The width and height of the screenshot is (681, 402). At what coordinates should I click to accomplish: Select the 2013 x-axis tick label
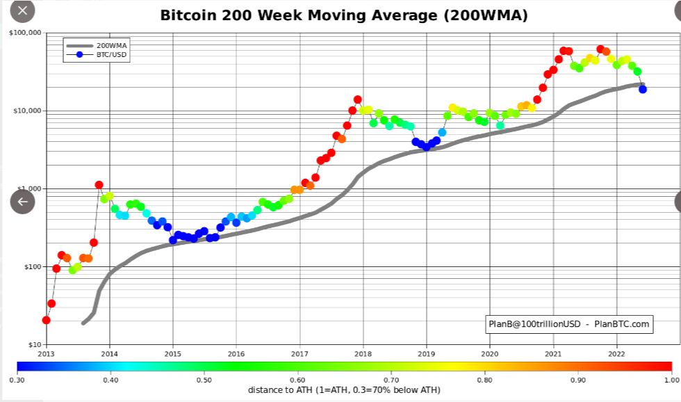pyautogui.click(x=46, y=353)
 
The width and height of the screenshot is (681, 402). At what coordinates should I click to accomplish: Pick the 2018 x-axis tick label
pyautogui.click(x=363, y=353)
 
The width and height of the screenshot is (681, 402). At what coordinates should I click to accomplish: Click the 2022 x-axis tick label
pyautogui.click(x=617, y=353)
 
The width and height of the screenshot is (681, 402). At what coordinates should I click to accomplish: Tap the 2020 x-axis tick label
pyautogui.click(x=490, y=353)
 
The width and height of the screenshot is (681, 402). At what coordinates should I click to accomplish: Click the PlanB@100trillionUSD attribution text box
pyautogui.click(x=568, y=324)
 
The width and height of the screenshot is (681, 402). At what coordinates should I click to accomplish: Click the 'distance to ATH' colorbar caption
pyautogui.click(x=344, y=390)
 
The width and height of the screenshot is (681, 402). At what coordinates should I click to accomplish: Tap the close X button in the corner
pyautogui.click(x=22, y=10)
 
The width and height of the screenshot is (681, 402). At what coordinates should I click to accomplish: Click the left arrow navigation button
pyautogui.click(x=22, y=202)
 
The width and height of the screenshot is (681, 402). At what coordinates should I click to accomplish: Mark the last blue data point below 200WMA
pyautogui.click(x=643, y=89)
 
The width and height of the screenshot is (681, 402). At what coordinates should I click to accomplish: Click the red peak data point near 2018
pyautogui.click(x=358, y=99)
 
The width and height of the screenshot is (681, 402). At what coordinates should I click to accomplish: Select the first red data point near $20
pyautogui.click(x=46, y=320)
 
